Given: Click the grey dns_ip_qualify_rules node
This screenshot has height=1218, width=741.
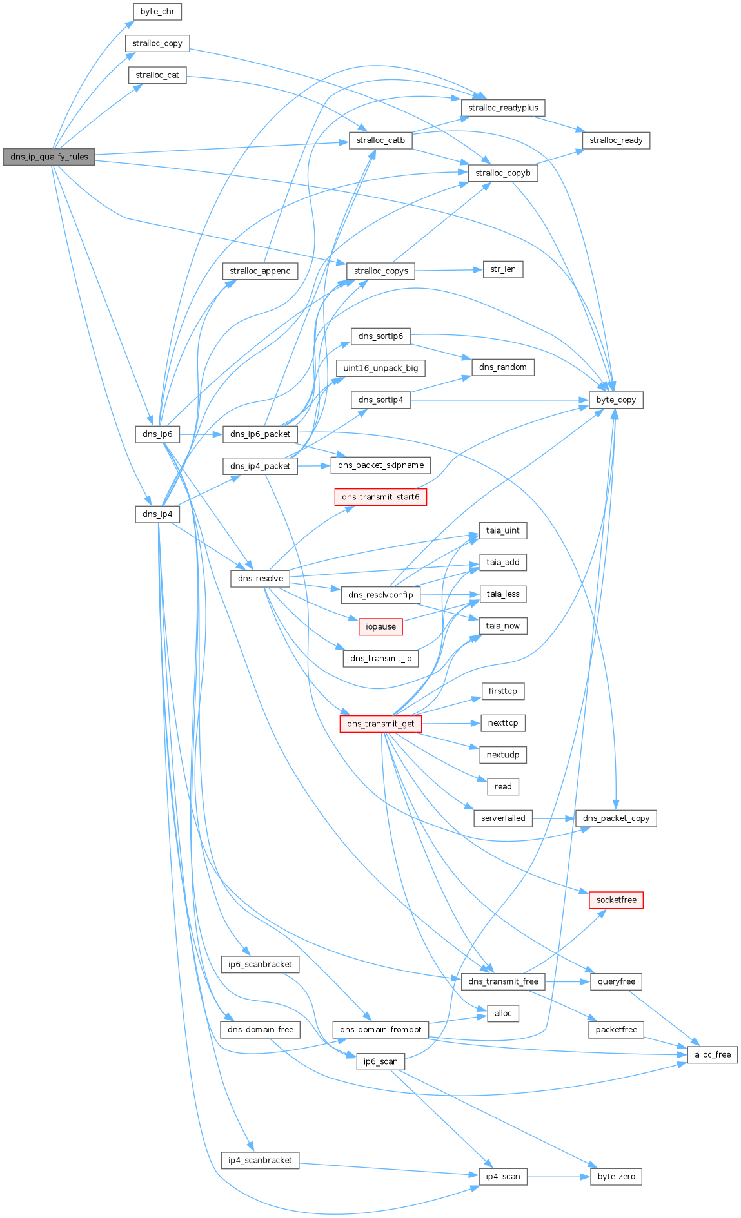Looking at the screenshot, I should coord(49,157).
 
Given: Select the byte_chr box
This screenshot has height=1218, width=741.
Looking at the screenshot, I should coord(157,12).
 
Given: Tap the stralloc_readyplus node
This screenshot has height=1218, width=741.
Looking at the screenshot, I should coord(503,108).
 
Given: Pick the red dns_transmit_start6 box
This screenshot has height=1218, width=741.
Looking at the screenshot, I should coord(380,497).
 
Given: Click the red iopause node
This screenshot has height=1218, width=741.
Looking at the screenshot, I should coord(380,626).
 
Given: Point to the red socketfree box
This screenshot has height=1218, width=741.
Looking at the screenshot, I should coord(616,900).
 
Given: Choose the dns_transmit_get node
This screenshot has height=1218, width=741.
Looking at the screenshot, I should coord(380,724).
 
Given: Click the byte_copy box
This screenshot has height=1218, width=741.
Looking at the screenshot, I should coord(616,400).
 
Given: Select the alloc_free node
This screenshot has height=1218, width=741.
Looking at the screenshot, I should coord(713,1054).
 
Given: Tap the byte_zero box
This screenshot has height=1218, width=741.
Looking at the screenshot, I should coord(616,1176).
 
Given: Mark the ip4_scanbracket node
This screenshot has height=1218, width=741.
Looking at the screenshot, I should coord(260,1160).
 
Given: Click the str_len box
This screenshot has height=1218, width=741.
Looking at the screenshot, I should coord(503,269).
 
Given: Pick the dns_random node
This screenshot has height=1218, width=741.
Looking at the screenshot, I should coord(503,367).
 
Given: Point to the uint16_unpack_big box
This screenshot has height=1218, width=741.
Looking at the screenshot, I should coord(380,368).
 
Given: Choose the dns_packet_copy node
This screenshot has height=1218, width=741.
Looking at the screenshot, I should coord(616,818).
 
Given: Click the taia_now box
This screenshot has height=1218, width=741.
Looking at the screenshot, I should coord(503,626).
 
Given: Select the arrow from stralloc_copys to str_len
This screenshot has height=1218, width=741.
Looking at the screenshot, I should coord(448,271).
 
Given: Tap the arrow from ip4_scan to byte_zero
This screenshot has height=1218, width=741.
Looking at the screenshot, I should coord(558,1177).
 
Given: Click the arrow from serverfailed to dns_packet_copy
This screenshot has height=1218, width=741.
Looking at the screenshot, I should coord(553,818).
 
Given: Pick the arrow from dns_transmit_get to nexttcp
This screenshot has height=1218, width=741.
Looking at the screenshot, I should coord(451,724).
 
